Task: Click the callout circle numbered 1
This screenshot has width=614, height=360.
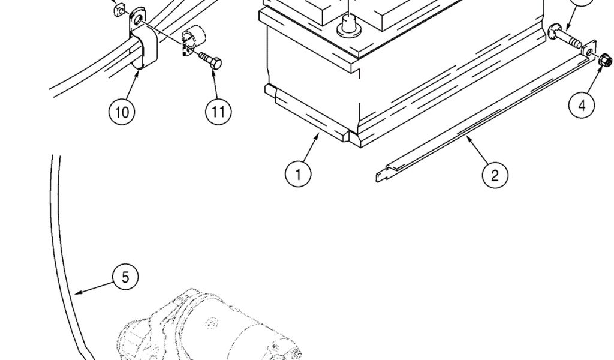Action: click(298, 174)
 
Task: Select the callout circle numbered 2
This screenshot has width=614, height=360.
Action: click(495, 175)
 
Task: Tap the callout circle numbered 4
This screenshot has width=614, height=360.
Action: click(582, 106)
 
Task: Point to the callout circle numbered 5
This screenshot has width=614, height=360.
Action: click(125, 277)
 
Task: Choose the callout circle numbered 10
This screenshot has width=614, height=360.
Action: click(122, 112)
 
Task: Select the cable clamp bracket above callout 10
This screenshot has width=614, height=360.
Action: click(142, 45)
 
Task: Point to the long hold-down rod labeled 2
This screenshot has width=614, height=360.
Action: click(480, 120)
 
